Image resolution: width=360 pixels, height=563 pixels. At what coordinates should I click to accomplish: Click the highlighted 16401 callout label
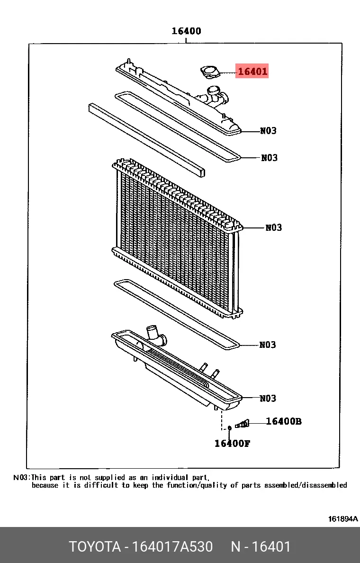pos(252,71)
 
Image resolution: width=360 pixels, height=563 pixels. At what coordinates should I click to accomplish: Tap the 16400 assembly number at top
pos(186,31)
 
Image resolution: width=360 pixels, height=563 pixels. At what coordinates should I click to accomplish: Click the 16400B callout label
pos(284,421)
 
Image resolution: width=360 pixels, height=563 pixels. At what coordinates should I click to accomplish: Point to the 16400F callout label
pos(232,444)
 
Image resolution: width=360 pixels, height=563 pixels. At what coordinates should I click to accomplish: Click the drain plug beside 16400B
pos(242,424)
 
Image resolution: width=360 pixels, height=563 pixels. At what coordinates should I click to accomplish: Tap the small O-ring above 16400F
pos(230,428)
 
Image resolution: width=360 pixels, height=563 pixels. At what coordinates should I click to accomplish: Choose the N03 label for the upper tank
pos(269,130)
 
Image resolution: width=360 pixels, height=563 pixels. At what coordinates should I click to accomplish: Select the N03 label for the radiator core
pos(273,227)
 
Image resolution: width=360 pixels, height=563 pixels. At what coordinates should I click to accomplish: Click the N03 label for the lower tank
pos(268,398)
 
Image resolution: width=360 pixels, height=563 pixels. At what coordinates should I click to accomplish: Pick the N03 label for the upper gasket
pos(269,158)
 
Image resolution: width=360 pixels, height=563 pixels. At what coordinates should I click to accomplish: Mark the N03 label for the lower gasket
pos(268,345)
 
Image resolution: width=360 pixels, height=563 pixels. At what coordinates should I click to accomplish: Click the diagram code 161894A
pos(343,518)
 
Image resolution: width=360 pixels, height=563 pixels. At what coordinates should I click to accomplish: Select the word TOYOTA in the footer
pos(95,546)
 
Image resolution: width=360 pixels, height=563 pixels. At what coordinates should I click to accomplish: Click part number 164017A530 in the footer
pos(172,546)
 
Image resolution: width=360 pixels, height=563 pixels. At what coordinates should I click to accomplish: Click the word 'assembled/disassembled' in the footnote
pos(306,485)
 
